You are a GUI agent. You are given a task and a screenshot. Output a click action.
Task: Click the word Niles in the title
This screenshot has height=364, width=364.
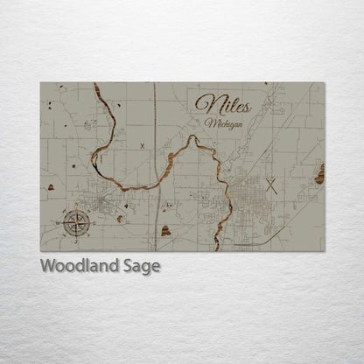222,104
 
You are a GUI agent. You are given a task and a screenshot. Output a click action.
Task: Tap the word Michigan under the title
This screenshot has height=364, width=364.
222,124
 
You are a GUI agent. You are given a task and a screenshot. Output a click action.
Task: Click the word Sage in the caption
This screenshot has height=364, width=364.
141,267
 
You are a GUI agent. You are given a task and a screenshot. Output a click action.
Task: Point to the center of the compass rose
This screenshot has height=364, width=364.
75,222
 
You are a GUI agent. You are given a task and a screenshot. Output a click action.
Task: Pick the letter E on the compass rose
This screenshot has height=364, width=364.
88,222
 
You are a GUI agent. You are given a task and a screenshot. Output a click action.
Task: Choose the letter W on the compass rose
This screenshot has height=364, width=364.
62,222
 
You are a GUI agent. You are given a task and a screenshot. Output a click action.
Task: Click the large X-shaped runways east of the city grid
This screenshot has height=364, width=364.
271,185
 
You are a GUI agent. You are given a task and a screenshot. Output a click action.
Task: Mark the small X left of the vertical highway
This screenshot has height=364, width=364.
142,146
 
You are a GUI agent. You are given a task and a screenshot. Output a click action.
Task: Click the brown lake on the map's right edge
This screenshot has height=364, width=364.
319,174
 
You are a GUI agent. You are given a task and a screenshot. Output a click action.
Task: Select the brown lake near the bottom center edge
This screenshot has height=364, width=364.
165,231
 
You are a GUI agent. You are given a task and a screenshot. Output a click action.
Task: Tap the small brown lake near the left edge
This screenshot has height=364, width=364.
51,186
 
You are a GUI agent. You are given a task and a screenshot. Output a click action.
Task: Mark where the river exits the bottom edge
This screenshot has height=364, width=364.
217,248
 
